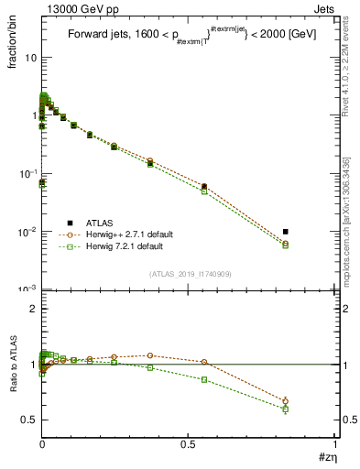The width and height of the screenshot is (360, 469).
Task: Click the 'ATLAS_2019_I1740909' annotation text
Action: (189, 274)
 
